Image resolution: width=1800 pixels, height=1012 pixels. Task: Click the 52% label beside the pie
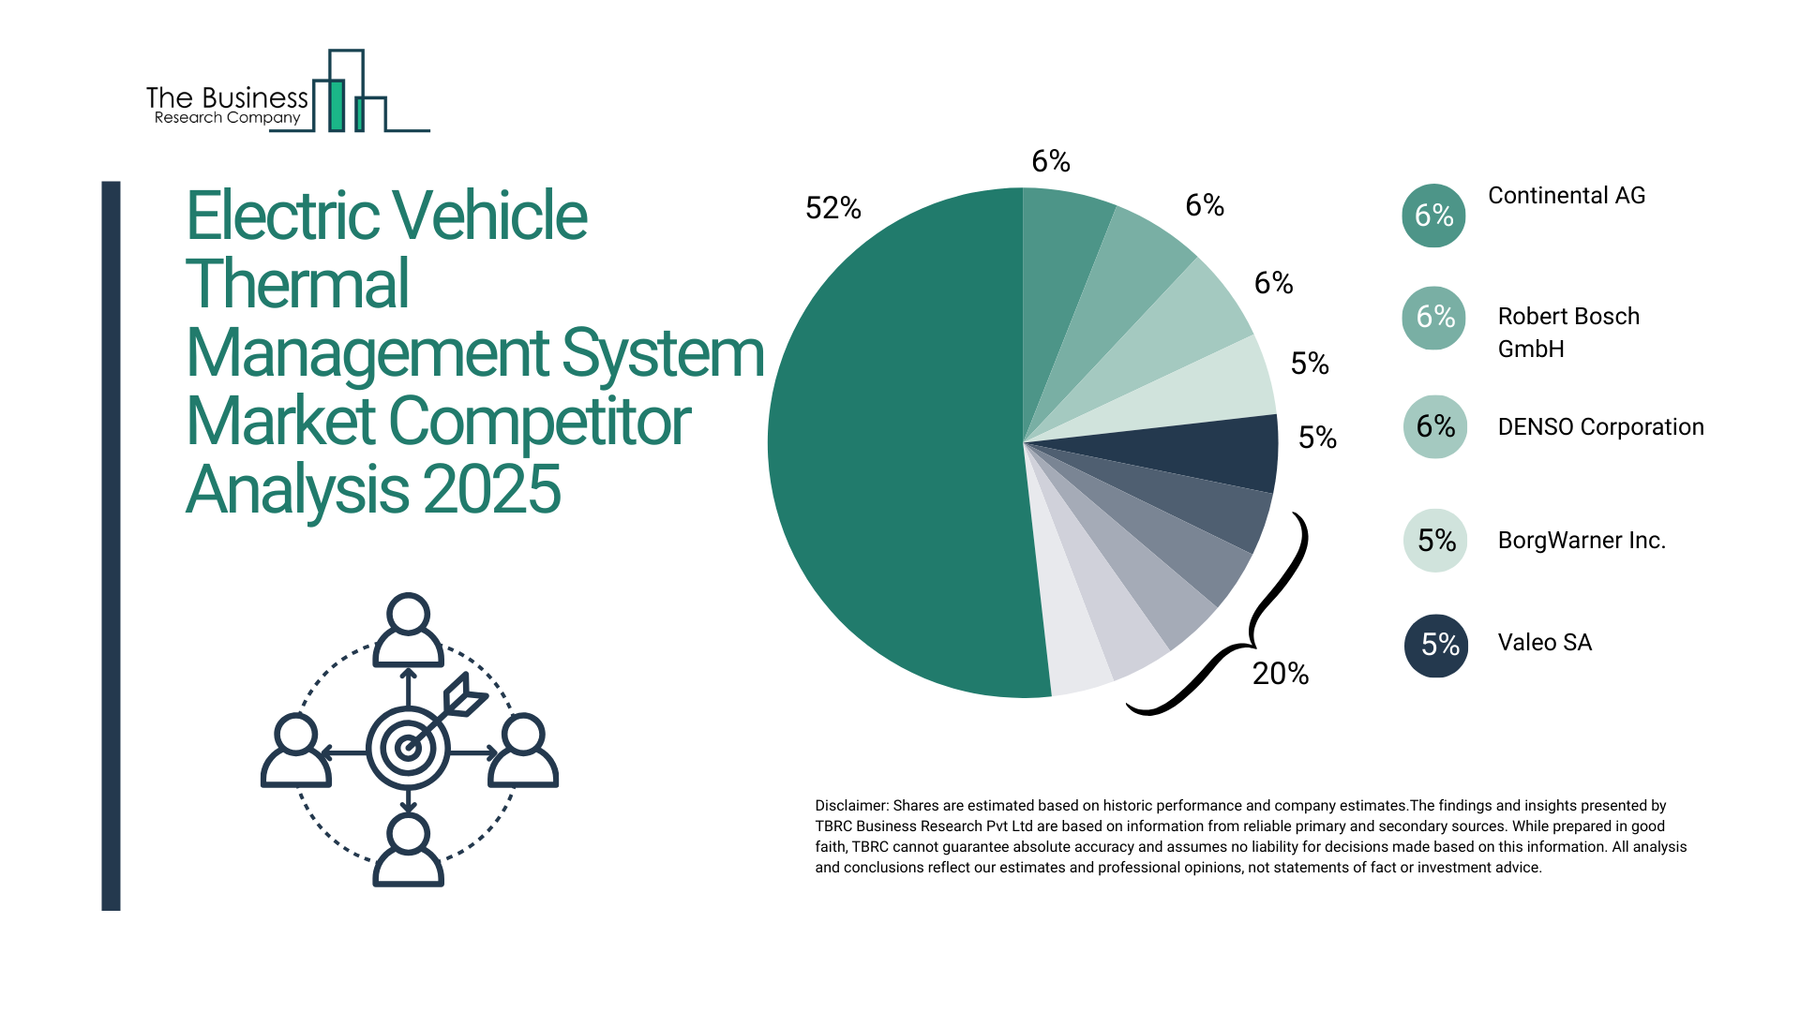[x=832, y=208]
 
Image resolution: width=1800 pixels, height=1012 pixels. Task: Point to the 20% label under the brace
[x=1280, y=673]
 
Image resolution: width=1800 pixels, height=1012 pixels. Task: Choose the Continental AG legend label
[x=1566, y=196]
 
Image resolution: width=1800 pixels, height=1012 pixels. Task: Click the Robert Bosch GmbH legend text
[x=1567, y=332]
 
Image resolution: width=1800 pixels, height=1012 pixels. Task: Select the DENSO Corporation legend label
[x=1600, y=427]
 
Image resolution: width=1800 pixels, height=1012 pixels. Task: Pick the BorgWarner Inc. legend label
[x=1581, y=541]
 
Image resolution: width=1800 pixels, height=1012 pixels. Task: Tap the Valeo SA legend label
[x=1544, y=643]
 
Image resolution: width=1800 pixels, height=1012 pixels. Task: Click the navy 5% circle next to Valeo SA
[x=1435, y=645]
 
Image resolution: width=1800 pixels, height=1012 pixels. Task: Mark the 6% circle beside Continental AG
[x=1433, y=216]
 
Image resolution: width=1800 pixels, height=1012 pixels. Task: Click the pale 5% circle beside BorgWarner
[x=1435, y=541]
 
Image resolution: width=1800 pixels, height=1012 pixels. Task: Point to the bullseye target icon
[x=409, y=748]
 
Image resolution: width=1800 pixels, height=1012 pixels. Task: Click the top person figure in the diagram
[x=408, y=630]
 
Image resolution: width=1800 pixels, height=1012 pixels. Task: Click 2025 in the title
[x=491, y=489]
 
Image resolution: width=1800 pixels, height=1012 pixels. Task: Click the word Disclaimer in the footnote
[x=850, y=806]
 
